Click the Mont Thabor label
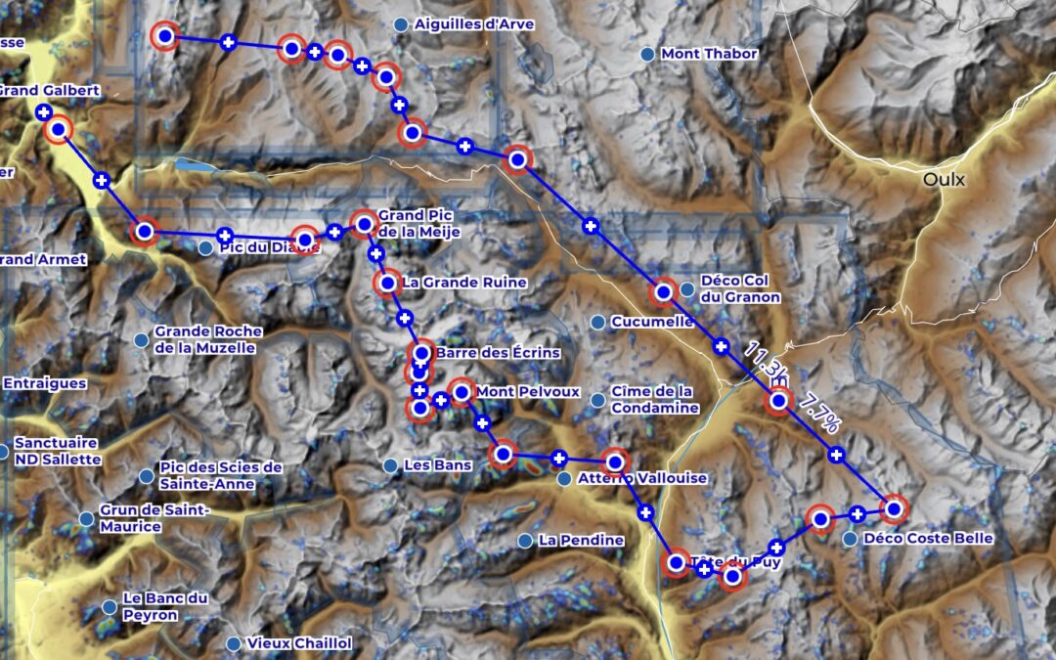click(x=709, y=54)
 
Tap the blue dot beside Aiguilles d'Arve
click(x=400, y=23)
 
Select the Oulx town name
click(x=945, y=180)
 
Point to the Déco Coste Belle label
click(x=929, y=539)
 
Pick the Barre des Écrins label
click(x=498, y=353)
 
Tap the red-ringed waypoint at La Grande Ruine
click(x=387, y=284)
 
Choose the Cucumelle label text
click(x=652, y=322)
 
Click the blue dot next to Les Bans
click(x=390, y=465)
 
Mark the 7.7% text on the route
click(x=818, y=415)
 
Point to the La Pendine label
click(x=581, y=540)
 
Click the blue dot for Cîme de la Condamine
click(x=597, y=399)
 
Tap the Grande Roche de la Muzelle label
click(x=205, y=339)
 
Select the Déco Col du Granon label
click(x=740, y=288)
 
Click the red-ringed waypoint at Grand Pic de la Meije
click(x=364, y=224)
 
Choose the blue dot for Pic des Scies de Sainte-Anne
click(x=146, y=476)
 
